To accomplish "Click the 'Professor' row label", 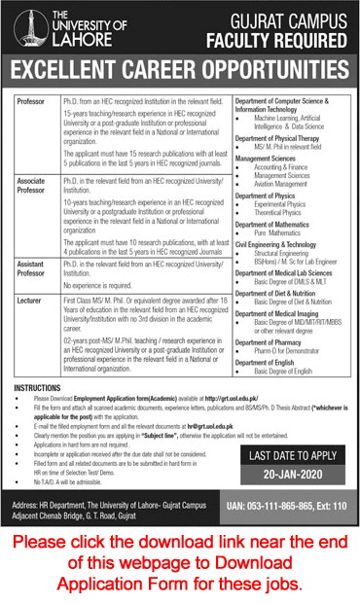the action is pos(32,101).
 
